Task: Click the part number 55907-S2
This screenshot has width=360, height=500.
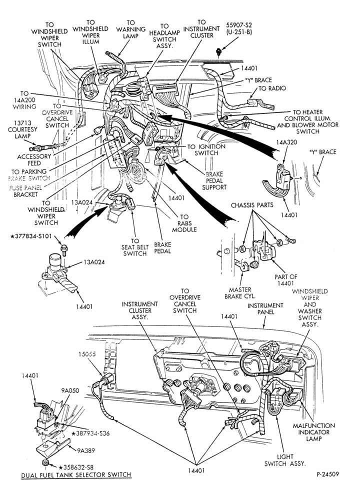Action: click(239, 25)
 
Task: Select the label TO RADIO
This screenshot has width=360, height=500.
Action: click(272, 88)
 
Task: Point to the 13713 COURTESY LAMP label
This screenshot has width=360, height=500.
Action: click(22, 129)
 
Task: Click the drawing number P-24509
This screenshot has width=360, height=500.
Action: click(327, 474)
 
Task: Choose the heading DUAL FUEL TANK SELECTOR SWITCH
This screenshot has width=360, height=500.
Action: click(76, 475)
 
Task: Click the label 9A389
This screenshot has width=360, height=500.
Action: click(86, 451)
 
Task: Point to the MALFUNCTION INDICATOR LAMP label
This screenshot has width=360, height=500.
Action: click(314, 432)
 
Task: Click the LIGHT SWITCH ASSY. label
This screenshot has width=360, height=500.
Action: click(284, 460)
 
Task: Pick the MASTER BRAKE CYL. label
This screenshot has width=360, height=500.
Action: click(240, 293)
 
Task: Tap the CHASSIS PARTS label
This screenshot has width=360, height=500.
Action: click(252, 204)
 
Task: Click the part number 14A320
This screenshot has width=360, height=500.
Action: click(287, 142)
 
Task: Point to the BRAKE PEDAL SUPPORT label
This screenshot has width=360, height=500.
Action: click(214, 180)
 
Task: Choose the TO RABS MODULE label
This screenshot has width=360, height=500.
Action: click(184, 223)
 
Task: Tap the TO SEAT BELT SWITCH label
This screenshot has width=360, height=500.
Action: click(135, 247)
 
